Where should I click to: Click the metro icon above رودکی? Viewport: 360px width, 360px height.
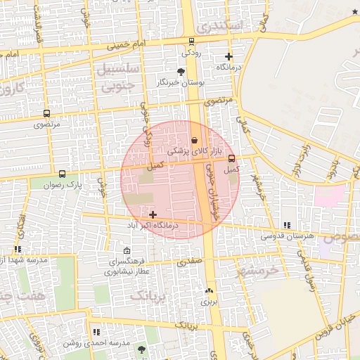pyautogui.click(x=192, y=41)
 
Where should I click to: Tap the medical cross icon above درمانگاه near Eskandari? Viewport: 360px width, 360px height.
pyautogui.click(x=229, y=56)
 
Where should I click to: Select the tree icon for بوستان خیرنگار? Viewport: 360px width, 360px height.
pyautogui.click(x=181, y=72)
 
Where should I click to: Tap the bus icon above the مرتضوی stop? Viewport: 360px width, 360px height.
pyautogui.click(x=46, y=113)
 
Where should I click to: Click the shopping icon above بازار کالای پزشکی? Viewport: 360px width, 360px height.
pyautogui.click(x=194, y=141)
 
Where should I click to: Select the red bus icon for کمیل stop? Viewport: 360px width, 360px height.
pyautogui.click(x=232, y=159)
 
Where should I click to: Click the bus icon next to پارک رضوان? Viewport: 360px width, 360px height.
pyautogui.click(x=62, y=174)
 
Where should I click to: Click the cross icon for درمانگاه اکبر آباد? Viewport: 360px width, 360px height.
pyautogui.click(x=153, y=214)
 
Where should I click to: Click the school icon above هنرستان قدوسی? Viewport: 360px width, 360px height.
pyautogui.click(x=286, y=225)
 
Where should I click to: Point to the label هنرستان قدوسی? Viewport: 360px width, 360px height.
pyautogui.click(x=287, y=236)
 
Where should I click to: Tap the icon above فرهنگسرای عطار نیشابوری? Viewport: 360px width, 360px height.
pyautogui.click(x=127, y=251)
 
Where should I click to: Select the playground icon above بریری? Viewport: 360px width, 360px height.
pyautogui.click(x=208, y=290)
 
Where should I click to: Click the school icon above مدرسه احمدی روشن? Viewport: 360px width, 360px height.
pyautogui.click(x=96, y=332)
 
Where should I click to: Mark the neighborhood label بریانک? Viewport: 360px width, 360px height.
pyautogui.click(x=149, y=295)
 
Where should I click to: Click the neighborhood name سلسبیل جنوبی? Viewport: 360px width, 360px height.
pyautogui.click(x=117, y=79)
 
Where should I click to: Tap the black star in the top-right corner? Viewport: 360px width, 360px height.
pyautogui.click(x=354, y=12)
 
